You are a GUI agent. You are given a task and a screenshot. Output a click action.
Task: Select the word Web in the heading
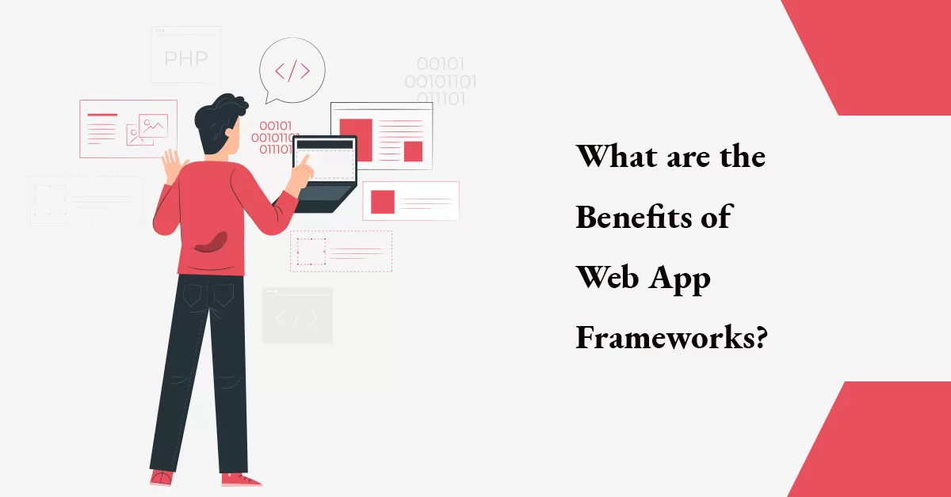pos(608,278)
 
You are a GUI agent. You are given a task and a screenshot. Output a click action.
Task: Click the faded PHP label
pos(186,58)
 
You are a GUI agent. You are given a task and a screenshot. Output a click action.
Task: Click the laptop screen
pos(325,161)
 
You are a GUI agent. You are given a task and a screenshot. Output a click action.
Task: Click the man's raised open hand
pos(171,165)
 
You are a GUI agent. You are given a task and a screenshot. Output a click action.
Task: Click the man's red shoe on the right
pos(241,479)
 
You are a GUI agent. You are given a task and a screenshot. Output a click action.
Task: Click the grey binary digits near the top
pos(441,81)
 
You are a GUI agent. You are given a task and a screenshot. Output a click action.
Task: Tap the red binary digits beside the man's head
pos(274,137)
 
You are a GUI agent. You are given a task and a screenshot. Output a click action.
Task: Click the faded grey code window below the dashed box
pos(297,315)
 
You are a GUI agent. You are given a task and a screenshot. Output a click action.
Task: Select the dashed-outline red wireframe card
pos(341,251)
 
